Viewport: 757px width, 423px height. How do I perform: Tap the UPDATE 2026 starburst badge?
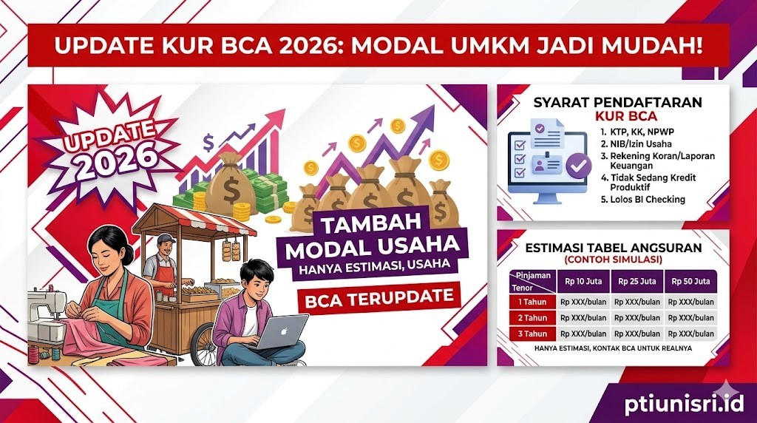(x=111, y=149)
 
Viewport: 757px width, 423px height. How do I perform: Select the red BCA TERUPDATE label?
(x=379, y=297)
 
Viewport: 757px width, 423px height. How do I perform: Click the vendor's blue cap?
(x=166, y=239)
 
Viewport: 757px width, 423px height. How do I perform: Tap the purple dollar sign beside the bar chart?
(x=208, y=143)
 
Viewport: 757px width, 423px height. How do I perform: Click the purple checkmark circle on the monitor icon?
(x=578, y=166)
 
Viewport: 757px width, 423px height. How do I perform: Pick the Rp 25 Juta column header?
(x=637, y=281)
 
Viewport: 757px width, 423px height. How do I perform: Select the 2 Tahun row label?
(x=532, y=318)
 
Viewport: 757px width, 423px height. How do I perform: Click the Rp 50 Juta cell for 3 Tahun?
(x=691, y=334)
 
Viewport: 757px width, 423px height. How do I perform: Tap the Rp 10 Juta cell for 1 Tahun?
(x=583, y=302)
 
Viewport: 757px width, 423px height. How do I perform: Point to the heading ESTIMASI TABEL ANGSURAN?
(x=613, y=248)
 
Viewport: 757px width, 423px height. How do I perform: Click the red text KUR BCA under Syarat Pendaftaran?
(x=626, y=116)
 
